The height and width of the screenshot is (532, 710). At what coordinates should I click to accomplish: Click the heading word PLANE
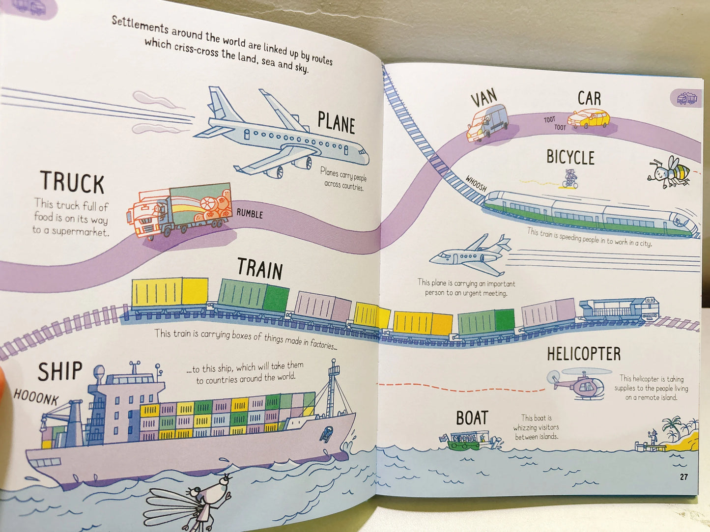[336, 122]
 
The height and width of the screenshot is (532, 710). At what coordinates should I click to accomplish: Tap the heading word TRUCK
[72, 182]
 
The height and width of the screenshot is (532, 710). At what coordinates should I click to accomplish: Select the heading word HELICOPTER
[584, 354]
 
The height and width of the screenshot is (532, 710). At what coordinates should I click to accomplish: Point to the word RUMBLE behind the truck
[250, 213]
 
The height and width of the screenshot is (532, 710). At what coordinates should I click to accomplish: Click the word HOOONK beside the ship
[36, 397]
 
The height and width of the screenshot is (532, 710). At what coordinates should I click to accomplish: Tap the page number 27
[683, 476]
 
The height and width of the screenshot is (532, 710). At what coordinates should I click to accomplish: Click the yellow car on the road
[589, 119]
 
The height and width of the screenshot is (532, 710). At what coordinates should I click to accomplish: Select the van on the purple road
[487, 123]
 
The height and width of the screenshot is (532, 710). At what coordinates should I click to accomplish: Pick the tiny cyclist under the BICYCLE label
[570, 179]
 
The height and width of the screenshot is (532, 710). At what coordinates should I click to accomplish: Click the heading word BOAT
[472, 418]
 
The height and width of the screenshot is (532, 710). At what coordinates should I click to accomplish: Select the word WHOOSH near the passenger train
[476, 183]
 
